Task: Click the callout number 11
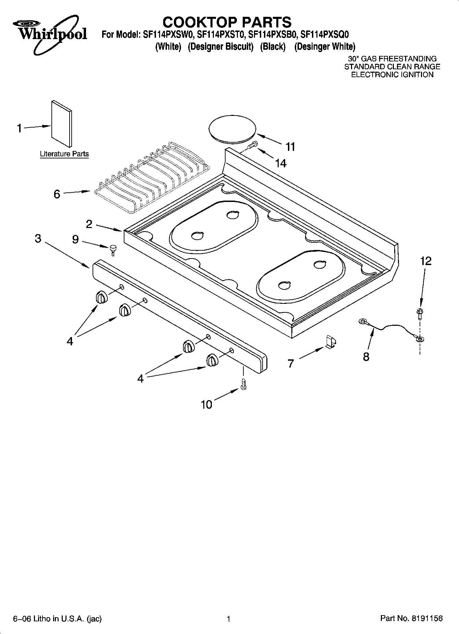pyautogui.click(x=290, y=147)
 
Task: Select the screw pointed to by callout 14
pyautogui.click(x=252, y=145)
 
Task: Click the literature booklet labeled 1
pyautogui.click(x=62, y=123)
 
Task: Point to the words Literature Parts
pyautogui.click(x=64, y=154)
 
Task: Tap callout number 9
pyautogui.click(x=75, y=239)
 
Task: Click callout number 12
pyautogui.click(x=425, y=261)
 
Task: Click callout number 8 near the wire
pyautogui.click(x=366, y=357)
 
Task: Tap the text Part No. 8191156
pyautogui.click(x=411, y=618)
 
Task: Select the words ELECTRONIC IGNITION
pyautogui.click(x=392, y=75)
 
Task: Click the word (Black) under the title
pyautogui.click(x=273, y=47)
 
